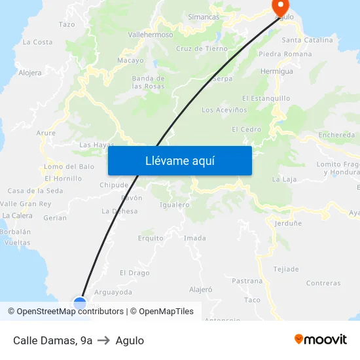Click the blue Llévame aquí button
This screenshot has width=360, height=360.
click(179, 160)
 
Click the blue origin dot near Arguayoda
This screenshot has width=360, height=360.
click(80, 303)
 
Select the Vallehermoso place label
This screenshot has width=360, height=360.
click(151, 35)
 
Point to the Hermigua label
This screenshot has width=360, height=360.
click(276, 71)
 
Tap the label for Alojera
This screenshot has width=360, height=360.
click(30, 73)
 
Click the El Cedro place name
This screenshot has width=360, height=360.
click(246, 130)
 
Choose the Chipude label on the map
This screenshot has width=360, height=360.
click(113, 185)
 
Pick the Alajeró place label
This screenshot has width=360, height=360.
click(200, 289)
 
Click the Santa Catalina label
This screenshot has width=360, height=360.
click(307, 41)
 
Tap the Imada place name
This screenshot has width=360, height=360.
click(195, 238)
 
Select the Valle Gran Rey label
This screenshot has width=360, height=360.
click(26, 204)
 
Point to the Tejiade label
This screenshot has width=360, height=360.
click(286, 269)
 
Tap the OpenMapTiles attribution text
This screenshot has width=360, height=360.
click(166, 312)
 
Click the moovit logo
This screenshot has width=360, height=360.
click(321, 340)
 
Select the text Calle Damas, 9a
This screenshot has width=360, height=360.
click(52, 340)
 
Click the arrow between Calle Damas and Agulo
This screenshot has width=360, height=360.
click(104, 340)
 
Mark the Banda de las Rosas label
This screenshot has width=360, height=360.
click(148, 82)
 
